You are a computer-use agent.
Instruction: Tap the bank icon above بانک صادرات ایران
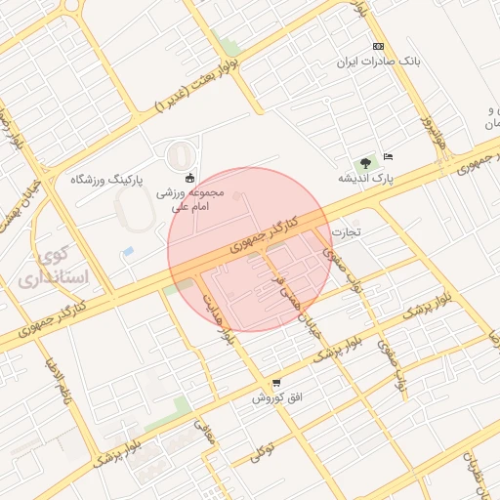click(378, 47)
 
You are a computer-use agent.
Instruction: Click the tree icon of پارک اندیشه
click(365, 163)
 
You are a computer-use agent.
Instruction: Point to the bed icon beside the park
click(388, 156)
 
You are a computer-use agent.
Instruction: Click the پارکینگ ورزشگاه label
click(107, 181)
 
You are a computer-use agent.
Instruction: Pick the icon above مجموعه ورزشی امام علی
click(190, 179)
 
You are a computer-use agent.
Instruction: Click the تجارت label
click(346, 232)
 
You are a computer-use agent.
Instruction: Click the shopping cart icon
click(277, 383)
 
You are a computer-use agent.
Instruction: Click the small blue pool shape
click(128, 252)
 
